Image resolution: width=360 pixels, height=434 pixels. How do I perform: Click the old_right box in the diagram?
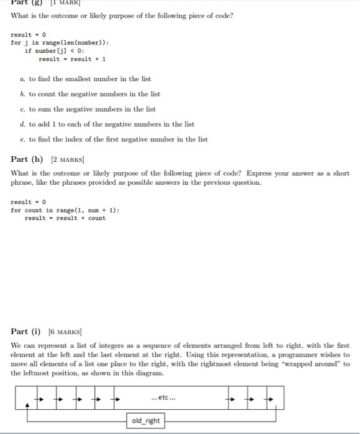(145, 421)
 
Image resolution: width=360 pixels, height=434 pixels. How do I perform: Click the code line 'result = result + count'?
(65, 218)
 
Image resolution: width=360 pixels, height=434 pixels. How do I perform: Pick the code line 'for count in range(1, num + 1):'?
(65, 210)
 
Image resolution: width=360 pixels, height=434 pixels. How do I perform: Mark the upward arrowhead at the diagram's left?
(26, 405)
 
